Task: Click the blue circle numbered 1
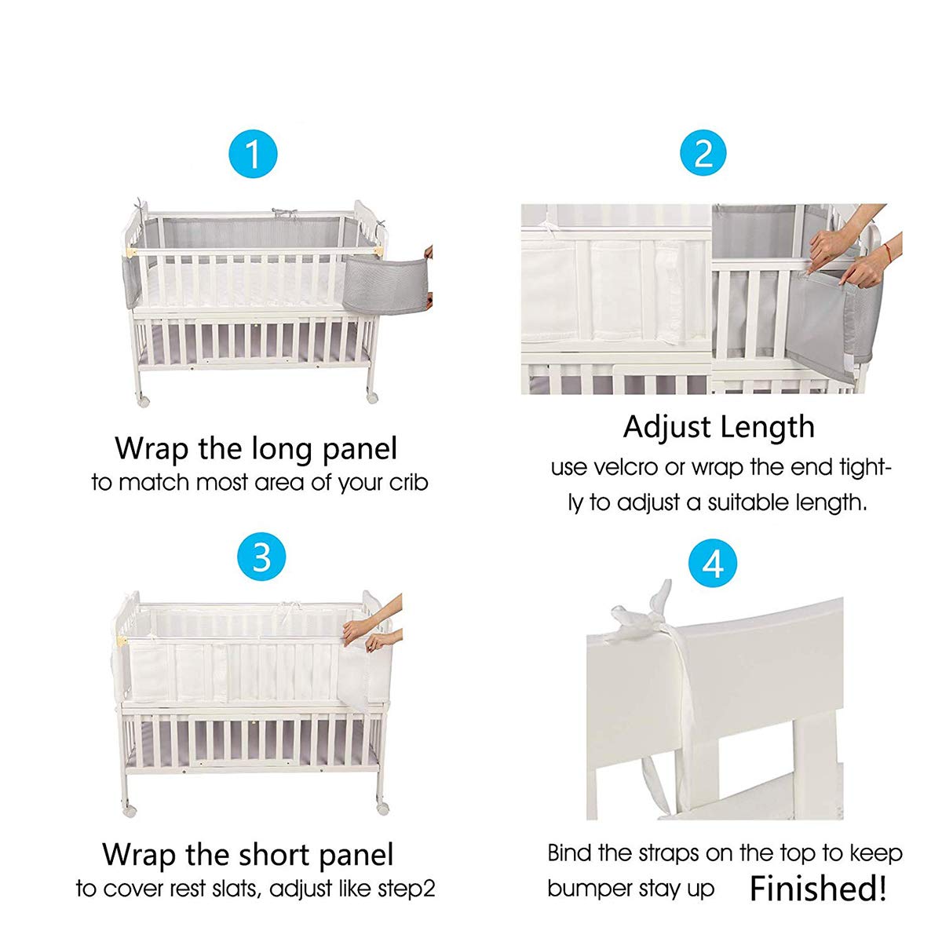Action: [x=253, y=154]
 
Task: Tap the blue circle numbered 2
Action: [x=703, y=154]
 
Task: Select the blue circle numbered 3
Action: [x=261, y=557]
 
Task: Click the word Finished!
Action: [x=818, y=889]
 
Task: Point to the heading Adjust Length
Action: [x=718, y=428]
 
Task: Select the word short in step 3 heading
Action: [x=279, y=854]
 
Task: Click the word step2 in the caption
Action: [x=403, y=889]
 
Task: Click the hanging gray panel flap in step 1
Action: [x=385, y=282]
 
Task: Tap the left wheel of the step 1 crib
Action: [x=143, y=400]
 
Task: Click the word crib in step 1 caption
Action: [x=408, y=483]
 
